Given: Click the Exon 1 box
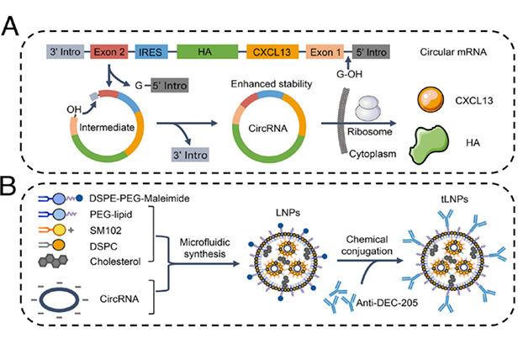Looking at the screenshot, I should coord(320,52).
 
